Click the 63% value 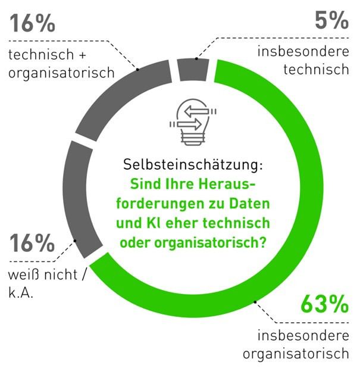point(324,304)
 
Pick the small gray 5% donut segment point(193,69)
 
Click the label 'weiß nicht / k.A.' point(48,285)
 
